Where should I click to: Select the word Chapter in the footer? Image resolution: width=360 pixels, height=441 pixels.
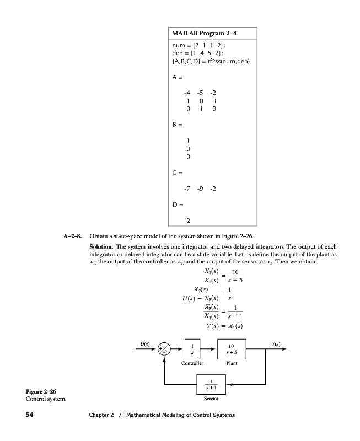pyautogui.click(x=100, y=415)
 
